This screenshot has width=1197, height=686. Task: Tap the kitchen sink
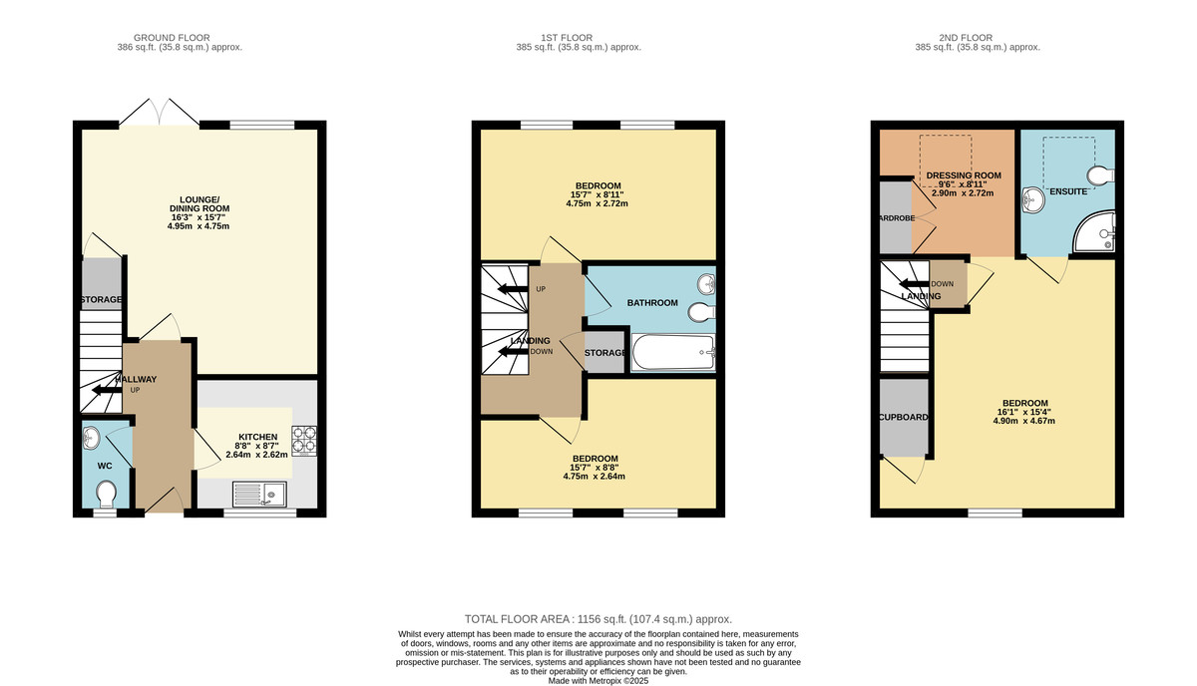[x=258, y=492]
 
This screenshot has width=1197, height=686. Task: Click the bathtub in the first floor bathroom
[x=673, y=353]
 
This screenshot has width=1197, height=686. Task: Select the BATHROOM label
[x=652, y=303]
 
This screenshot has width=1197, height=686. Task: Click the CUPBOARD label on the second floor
[x=904, y=418]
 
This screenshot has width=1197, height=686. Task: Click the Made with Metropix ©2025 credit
[x=598, y=680]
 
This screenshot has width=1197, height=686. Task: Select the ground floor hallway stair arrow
[x=104, y=390]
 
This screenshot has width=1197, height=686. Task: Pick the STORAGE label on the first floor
[x=604, y=353]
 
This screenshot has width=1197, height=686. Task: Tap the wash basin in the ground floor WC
[x=91, y=435]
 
